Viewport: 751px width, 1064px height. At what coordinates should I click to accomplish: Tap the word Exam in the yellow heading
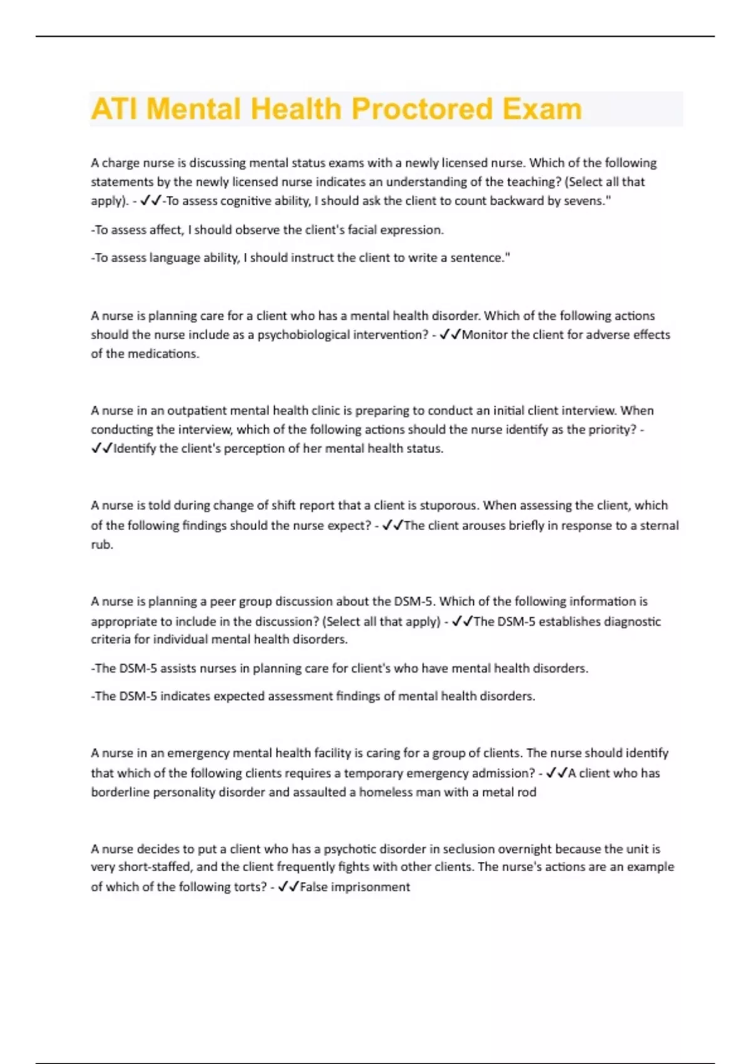(x=542, y=110)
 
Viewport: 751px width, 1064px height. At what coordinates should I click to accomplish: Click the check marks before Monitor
(x=451, y=335)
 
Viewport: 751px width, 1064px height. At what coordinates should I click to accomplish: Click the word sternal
(x=659, y=526)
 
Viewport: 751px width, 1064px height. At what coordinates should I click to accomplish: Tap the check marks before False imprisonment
(x=289, y=887)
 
